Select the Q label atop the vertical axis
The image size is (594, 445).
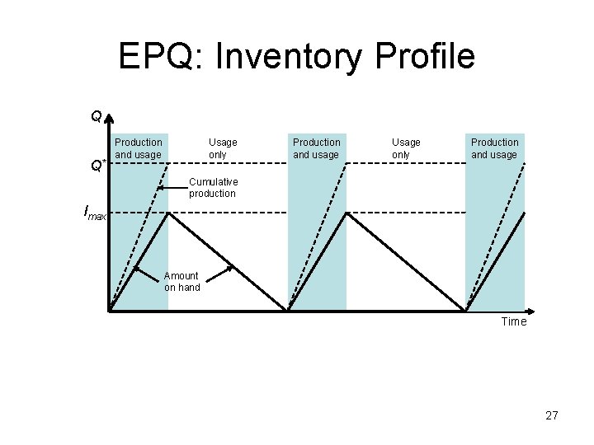[96, 117]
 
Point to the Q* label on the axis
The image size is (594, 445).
[97, 166]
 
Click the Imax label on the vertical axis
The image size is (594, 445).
[96, 213]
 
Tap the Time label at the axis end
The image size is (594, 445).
[513, 321]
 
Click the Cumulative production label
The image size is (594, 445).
[213, 188]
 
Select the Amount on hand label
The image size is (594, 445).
[181, 282]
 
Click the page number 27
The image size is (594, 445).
[552, 416]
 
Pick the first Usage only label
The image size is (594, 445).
[223, 148]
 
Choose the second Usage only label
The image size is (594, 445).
[406, 148]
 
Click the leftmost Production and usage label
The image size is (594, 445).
[139, 148]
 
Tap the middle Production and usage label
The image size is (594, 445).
[317, 148]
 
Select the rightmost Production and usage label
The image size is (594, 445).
[495, 148]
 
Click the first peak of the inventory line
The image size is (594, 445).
[168, 213]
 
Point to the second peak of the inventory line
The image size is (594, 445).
[346, 213]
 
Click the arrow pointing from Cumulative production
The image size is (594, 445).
[160, 188]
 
